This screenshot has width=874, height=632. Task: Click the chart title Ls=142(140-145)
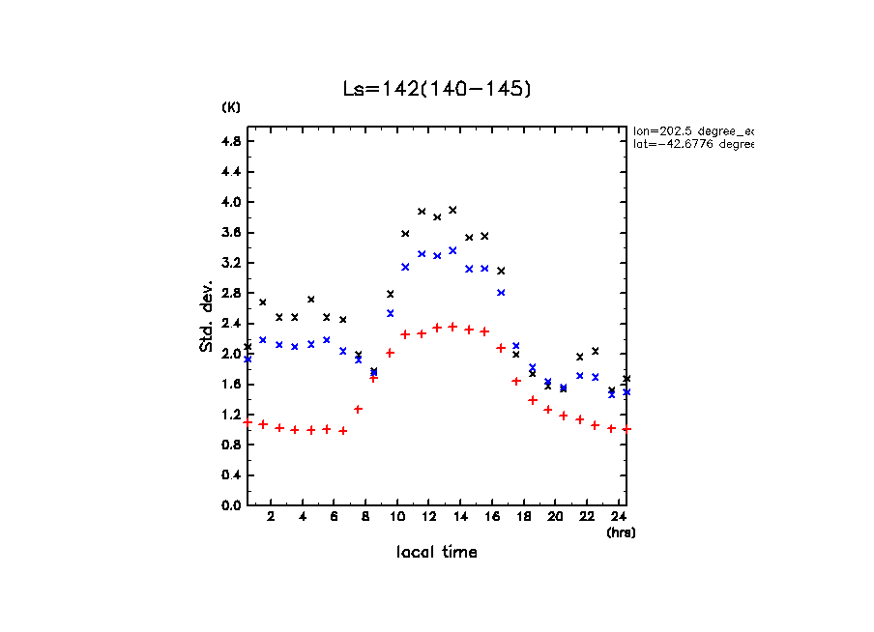(438, 89)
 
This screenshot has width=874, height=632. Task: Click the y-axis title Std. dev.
(207, 316)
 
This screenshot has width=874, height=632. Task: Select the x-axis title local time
(437, 553)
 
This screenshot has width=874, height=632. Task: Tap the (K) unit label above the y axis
(231, 107)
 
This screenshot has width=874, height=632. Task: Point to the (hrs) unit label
(621, 532)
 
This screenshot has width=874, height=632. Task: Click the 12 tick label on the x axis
(429, 517)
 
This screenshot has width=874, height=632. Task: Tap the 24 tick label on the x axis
(619, 517)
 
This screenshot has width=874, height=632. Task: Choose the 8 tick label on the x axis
(365, 517)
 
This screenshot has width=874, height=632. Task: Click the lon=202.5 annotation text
(692, 129)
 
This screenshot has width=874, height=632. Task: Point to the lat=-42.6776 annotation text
(686, 144)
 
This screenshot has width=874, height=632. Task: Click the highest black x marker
(452, 210)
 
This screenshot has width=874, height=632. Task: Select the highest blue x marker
(452, 250)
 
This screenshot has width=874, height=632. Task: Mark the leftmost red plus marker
(248, 422)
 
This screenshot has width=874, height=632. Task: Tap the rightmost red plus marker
(627, 429)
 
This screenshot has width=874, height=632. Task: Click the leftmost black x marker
(248, 346)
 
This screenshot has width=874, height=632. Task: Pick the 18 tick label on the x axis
(524, 517)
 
